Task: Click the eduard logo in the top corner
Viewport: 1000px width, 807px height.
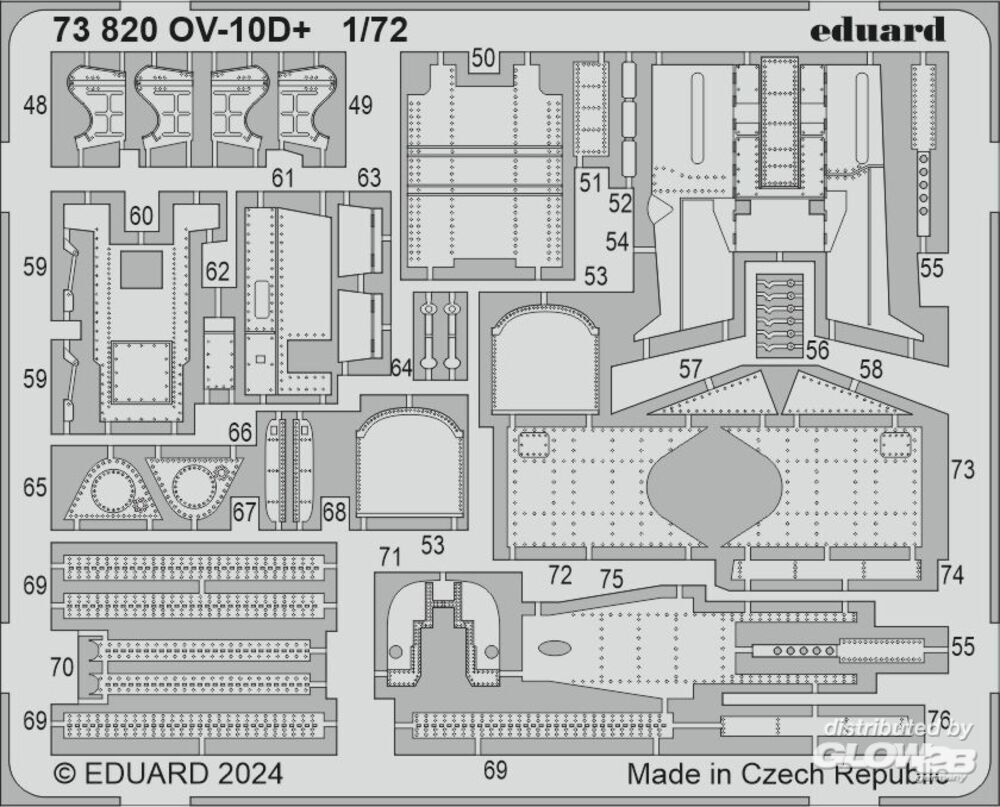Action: (x=877, y=29)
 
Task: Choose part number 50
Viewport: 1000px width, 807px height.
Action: (x=483, y=58)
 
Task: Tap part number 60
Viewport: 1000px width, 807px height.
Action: (x=141, y=216)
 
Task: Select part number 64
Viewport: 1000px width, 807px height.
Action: (x=401, y=367)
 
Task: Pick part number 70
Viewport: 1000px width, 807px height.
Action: (x=62, y=668)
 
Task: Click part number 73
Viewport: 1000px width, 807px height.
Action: (x=962, y=470)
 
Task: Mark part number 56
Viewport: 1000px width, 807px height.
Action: (x=817, y=350)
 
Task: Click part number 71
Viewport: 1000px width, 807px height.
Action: (x=389, y=558)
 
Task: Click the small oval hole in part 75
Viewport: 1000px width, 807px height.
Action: (x=554, y=648)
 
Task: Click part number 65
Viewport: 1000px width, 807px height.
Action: (x=35, y=488)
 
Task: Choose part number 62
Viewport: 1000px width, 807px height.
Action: (x=217, y=272)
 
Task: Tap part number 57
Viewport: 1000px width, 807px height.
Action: (x=690, y=369)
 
